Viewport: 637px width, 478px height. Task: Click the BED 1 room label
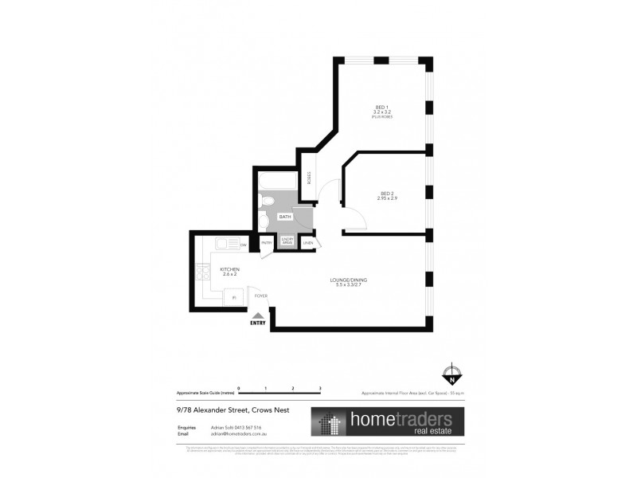[381, 108]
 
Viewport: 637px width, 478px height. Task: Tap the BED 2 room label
[386, 194]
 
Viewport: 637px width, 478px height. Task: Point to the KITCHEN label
[229, 268]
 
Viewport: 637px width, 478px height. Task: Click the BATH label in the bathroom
[284, 216]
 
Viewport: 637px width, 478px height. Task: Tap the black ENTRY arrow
[257, 316]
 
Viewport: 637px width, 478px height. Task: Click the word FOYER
[260, 296]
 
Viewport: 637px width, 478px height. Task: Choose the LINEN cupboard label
[307, 243]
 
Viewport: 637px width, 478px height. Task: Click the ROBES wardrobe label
[307, 178]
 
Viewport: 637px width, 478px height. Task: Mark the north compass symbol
[451, 373]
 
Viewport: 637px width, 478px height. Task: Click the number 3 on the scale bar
[319, 387]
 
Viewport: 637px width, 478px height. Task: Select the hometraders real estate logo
[381, 421]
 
